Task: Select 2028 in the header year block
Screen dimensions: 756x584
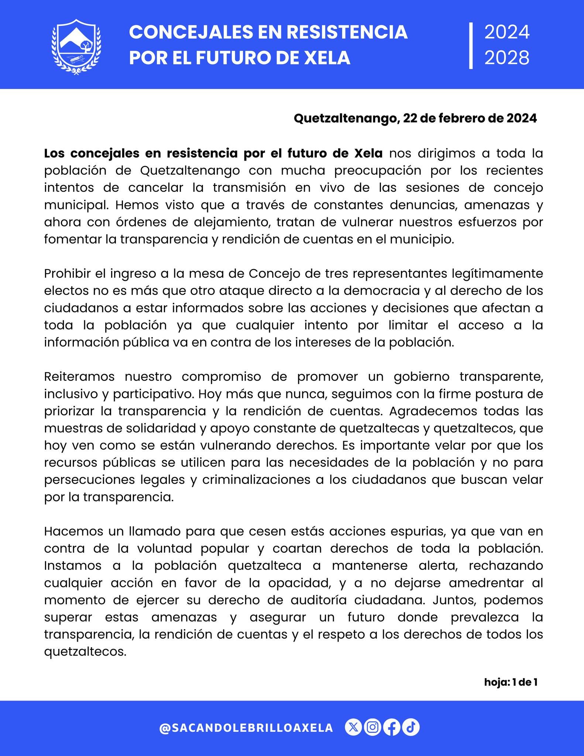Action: (507, 58)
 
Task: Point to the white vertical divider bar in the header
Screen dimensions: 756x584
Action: (471, 45)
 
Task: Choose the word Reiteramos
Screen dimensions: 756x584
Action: (79, 377)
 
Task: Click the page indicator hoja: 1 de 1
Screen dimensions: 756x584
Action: (511, 682)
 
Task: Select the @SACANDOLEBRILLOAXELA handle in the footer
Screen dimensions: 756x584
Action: (246, 728)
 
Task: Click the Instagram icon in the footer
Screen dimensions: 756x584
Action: (373, 727)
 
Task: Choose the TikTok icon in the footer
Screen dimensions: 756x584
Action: (411, 727)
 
